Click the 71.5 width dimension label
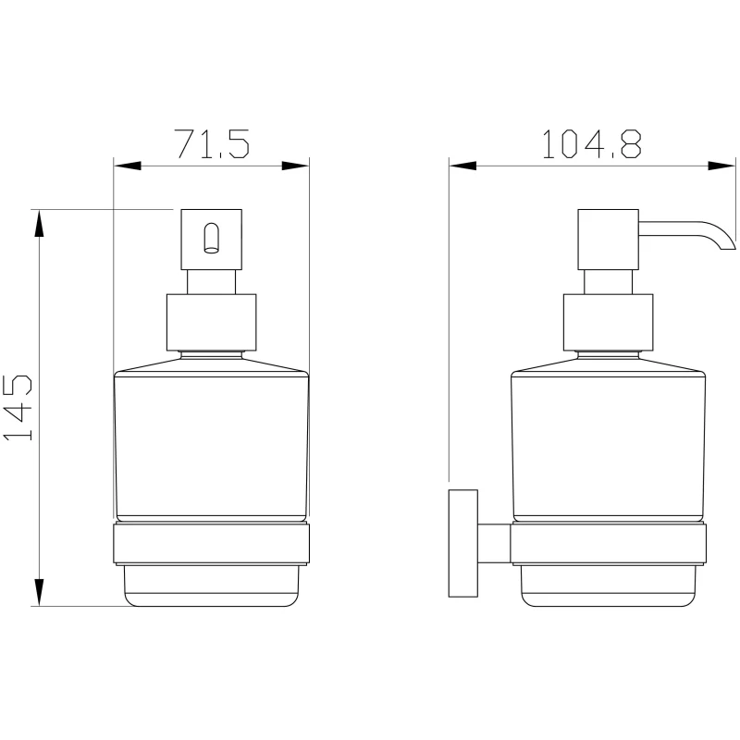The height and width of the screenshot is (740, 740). pyautogui.click(x=212, y=144)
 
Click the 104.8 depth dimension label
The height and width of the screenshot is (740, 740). pyautogui.click(x=592, y=144)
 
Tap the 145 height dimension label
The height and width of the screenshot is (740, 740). pyautogui.click(x=18, y=408)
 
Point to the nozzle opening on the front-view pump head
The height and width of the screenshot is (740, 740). pyautogui.click(x=212, y=239)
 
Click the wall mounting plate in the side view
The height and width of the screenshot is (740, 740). pyautogui.click(x=463, y=543)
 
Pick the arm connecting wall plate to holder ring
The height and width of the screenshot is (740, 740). pyautogui.click(x=494, y=543)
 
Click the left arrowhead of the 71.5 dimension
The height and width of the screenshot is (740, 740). pyautogui.click(x=128, y=166)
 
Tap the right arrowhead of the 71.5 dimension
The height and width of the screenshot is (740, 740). pyautogui.click(x=295, y=166)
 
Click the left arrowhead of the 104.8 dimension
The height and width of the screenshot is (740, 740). pyautogui.click(x=463, y=166)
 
